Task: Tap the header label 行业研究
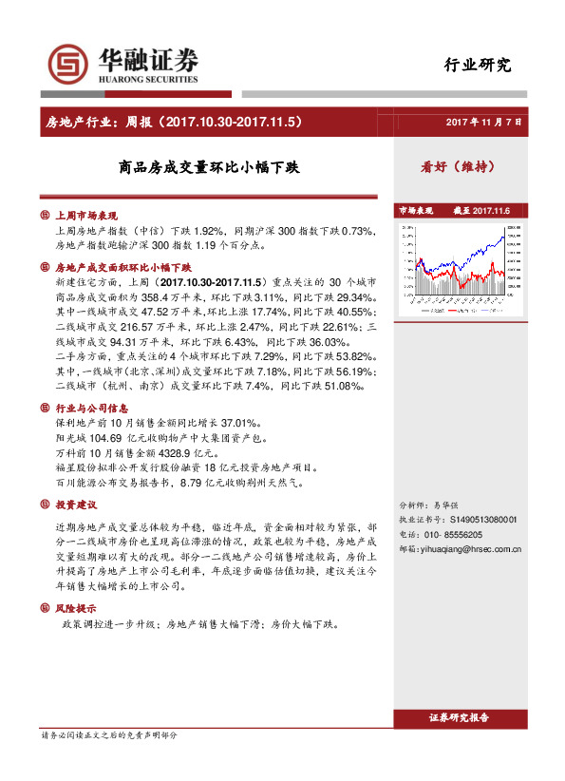(x=478, y=66)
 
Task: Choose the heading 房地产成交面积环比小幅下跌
(x=122, y=269)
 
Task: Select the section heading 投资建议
(x=78, y=504)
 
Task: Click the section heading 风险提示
(x=78, y=606)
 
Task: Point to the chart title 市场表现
(x=416, y=210)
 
